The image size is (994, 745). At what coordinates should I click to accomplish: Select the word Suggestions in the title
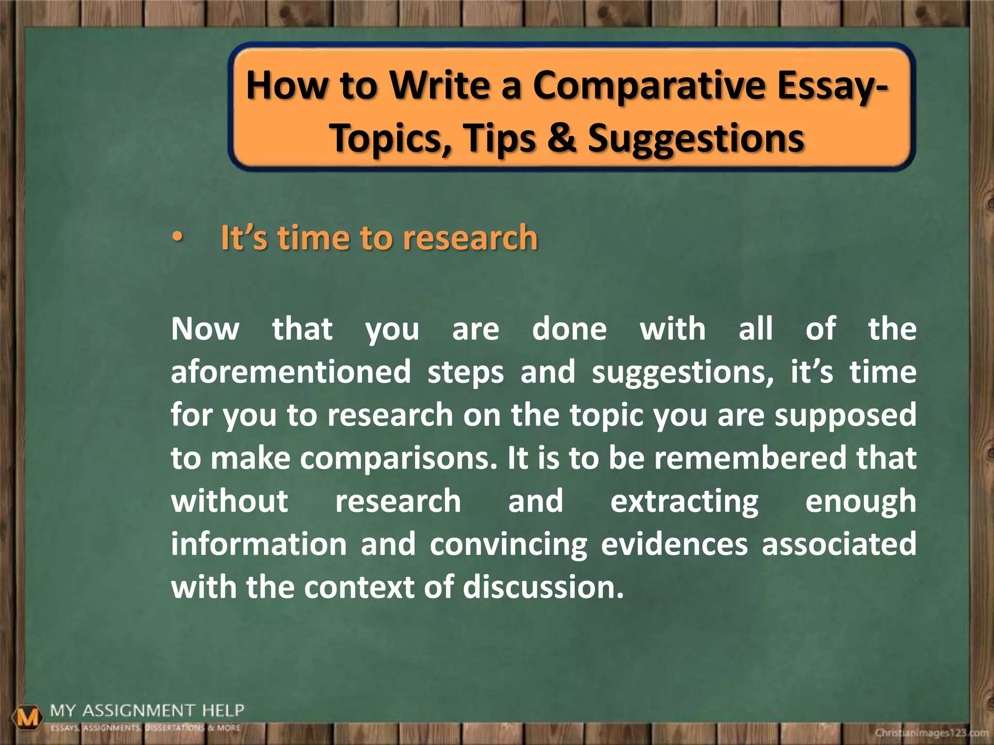(696, 138)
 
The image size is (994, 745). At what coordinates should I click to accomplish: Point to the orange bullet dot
(178, 238)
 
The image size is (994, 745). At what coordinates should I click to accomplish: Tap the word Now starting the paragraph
(205, 329)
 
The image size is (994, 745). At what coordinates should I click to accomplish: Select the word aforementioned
(291, 372)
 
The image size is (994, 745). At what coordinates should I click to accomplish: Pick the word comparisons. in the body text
(398, 458)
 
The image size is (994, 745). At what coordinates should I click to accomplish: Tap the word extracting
(684, 502)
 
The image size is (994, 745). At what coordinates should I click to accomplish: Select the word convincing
(508, 545)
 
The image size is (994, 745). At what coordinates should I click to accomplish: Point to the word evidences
(674, 544)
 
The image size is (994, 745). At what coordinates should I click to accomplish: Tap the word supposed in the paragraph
(845, 416)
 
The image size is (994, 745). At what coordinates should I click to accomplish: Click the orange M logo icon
(28, 717)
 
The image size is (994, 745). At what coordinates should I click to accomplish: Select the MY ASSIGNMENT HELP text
(147, 711)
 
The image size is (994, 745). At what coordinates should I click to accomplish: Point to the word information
(259, 544)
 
